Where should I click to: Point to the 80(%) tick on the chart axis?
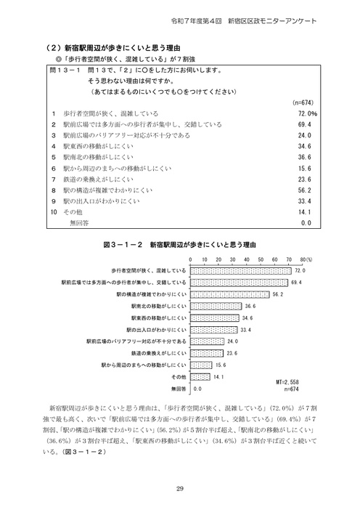(304, 259)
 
